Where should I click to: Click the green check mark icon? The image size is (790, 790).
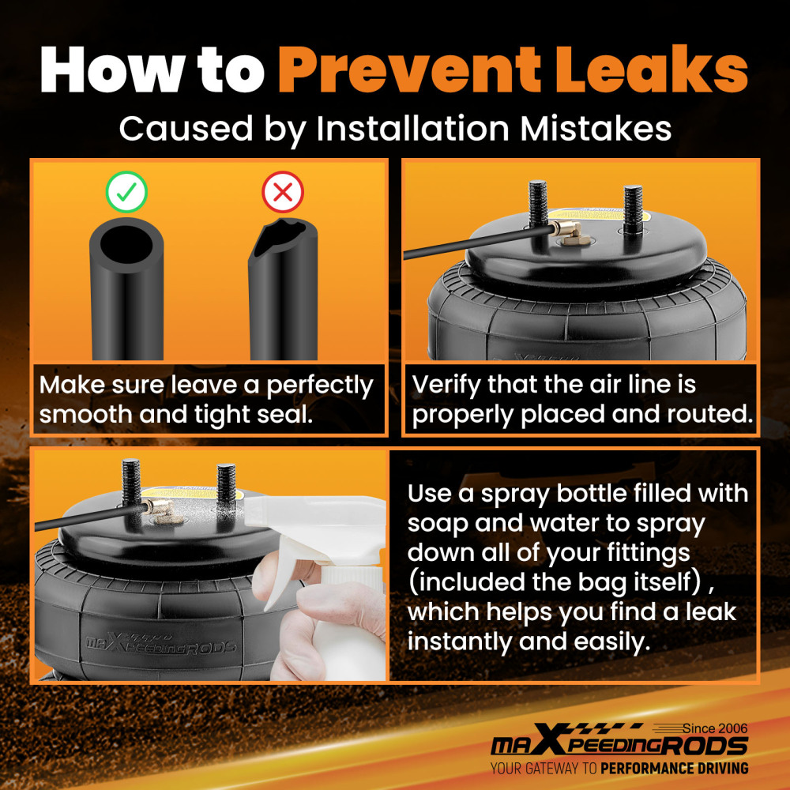126,192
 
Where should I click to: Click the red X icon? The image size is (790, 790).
283,192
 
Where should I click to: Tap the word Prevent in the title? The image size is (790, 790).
409,70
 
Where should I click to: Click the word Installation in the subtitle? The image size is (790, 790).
412,128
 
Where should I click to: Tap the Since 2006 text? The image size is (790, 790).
715,728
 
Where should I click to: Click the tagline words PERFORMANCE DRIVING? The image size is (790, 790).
675,769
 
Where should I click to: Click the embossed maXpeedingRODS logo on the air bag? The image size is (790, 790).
160,642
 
